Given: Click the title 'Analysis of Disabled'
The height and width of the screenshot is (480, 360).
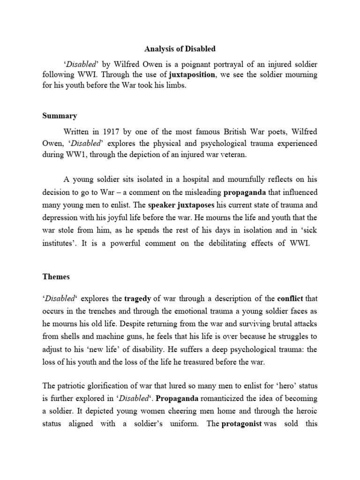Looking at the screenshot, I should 180,48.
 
